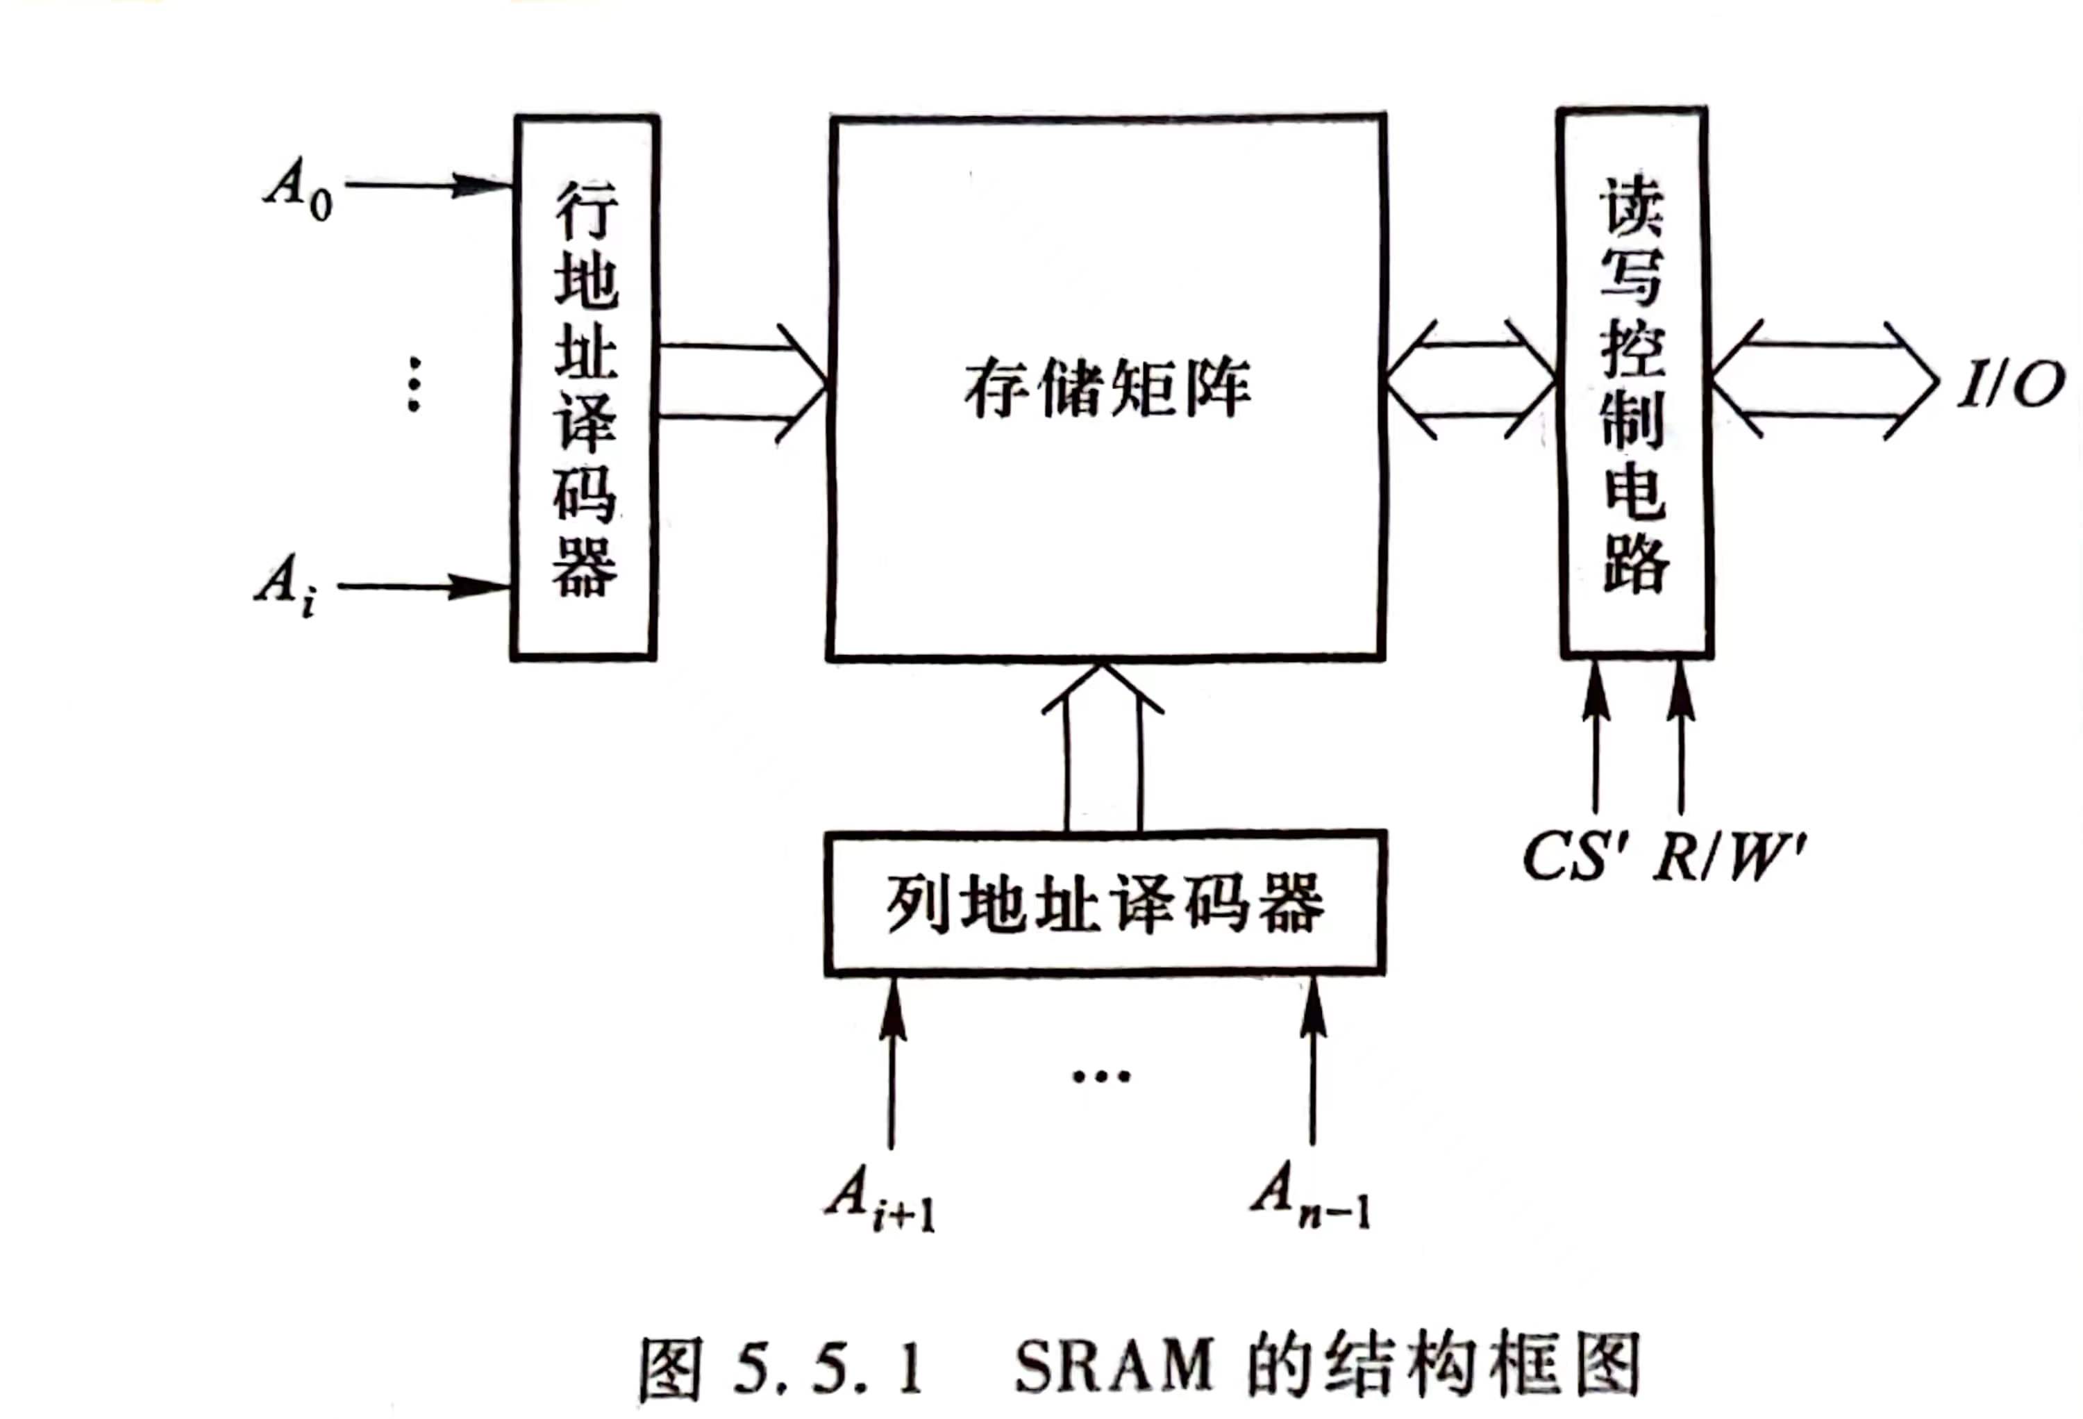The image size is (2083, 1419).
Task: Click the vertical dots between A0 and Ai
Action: (x=413, y=383)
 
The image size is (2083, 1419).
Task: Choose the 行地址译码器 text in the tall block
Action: (x=585, y=389)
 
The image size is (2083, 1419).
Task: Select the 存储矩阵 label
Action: (x=1107, y=390)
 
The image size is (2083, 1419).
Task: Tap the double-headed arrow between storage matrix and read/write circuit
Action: (x=1471, y=381)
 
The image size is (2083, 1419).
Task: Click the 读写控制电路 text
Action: (x=1633, y=385)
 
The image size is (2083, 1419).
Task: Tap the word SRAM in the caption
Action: (x=1112, y=1366)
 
